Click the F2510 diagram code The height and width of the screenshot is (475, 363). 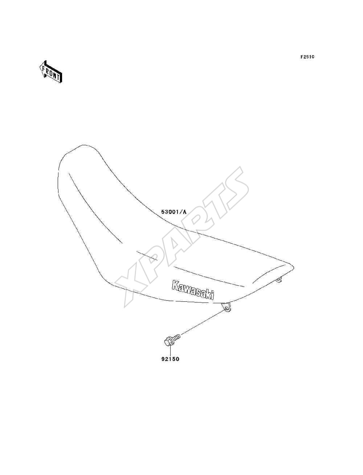[307, 57]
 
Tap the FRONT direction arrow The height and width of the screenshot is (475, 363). [51, 72]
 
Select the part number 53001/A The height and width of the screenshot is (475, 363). [174, 212]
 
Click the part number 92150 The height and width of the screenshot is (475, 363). [170, 359]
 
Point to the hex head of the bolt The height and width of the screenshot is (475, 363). [168, 342]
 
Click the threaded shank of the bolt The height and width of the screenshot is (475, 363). [176, 337]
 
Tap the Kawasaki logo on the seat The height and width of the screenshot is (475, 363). [193, 291]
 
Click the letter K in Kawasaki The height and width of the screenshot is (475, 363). [175, 285]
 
